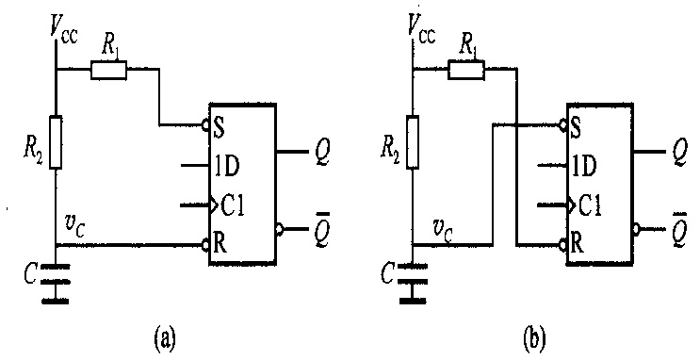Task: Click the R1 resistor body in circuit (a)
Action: tap(108, 71)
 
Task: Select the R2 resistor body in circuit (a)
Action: tap(56, 141)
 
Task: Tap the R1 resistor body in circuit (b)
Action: tap(466, 71)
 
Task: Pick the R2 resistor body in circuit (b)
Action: tap(413, 141)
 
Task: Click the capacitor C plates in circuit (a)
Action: tap(56, 274)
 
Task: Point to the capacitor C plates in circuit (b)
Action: tap(413, 274)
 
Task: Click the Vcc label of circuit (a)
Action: tap(64, 31)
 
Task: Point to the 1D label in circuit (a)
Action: tap(228, 166)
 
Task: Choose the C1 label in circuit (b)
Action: tap(589, 205)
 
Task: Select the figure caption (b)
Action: tap(533, 340)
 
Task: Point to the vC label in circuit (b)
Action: tap(442, 230)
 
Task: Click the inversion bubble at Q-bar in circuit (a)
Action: tap(280, 229)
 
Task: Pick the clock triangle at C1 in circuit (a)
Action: tap(214, 205)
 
